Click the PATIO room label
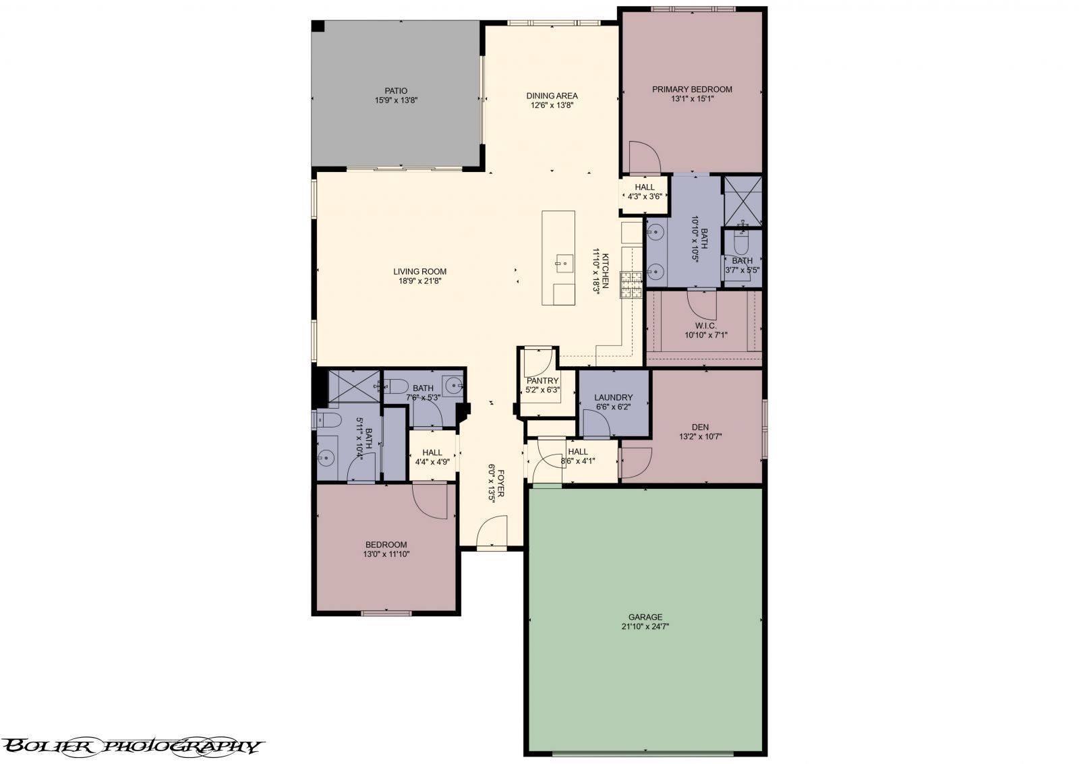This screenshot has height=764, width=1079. [396, 91]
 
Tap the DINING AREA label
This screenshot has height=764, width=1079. [552, 96]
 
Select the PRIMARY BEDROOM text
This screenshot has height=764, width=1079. [692, 89]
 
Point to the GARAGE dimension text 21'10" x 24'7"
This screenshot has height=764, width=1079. [645, 626]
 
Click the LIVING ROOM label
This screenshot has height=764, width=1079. [420, 272]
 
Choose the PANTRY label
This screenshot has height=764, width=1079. [542, 381]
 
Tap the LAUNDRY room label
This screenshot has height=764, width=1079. [613, 397]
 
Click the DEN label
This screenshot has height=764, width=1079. [700, 427]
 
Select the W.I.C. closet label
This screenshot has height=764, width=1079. [705, 325]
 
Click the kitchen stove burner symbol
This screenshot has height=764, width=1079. [631, 284]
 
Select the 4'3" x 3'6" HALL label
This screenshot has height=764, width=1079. [644, 187]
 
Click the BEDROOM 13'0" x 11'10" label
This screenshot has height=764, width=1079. [386, 545]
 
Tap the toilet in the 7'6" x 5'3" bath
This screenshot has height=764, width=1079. [398, 386]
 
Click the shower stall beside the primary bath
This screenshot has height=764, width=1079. [742, 200]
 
